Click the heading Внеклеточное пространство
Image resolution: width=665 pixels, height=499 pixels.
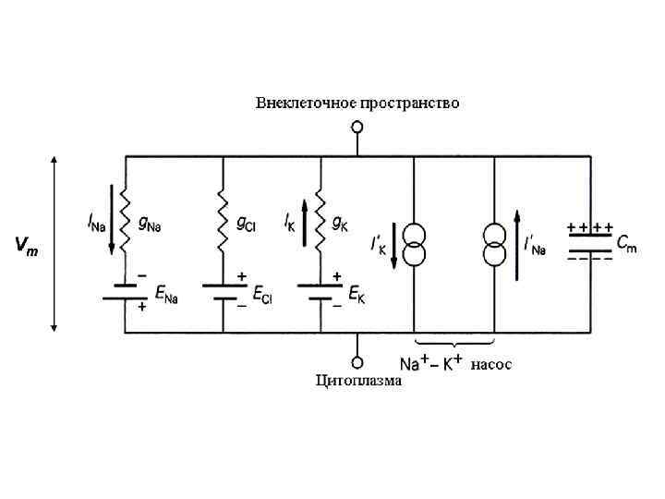click(357, 103)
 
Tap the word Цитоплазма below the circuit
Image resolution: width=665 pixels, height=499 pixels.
click(358, 379)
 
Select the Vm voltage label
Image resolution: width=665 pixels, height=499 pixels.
click(26, 247)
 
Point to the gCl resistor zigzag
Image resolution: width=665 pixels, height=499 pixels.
click(223, 219)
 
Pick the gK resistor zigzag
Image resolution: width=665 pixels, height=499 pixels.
click(320, 219)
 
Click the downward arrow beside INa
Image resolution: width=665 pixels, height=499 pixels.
click(112, 221)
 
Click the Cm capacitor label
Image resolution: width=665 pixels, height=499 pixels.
click(626, 244)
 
